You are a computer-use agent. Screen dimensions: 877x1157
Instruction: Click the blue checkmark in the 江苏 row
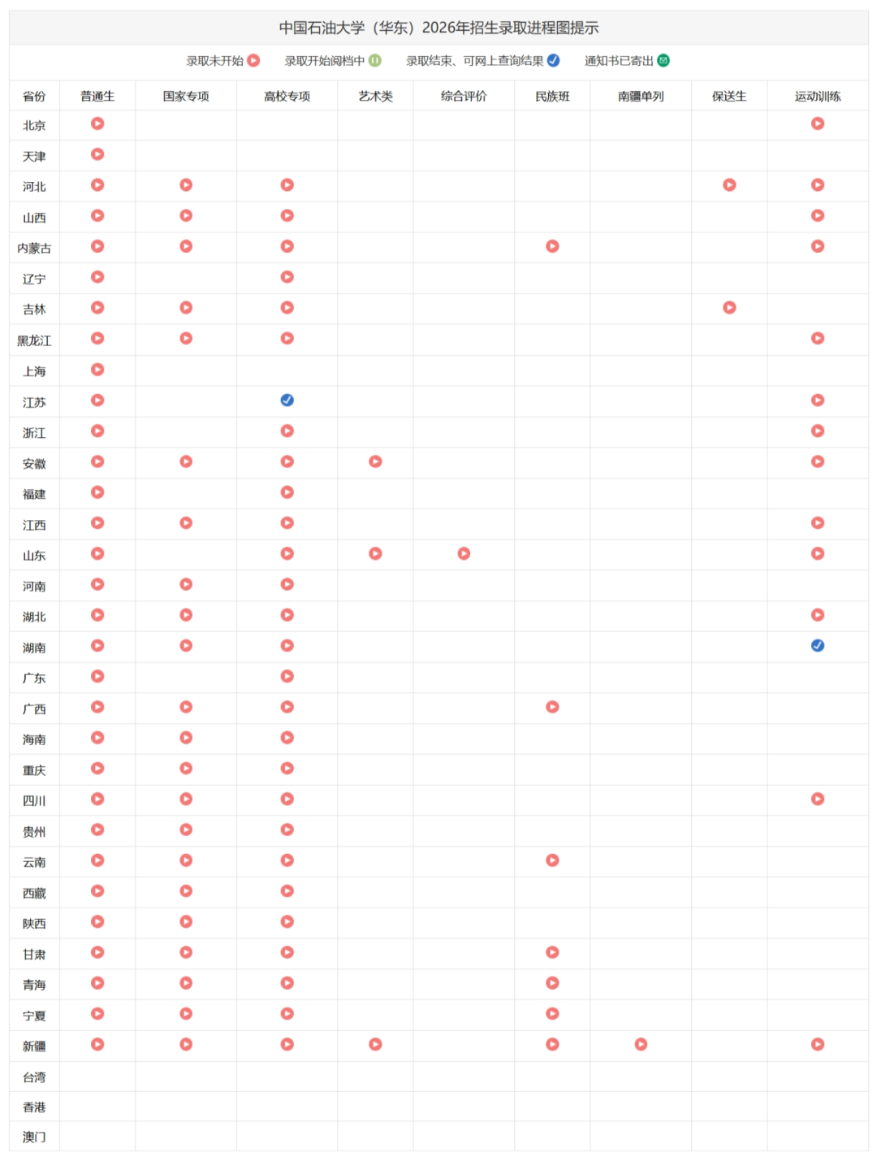click(287, 400)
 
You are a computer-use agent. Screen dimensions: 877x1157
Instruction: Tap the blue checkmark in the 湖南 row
click(818, 645)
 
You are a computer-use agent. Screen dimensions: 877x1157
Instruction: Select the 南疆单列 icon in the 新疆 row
click(641, 1044)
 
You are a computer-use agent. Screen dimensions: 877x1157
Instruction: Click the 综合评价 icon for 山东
click(464, 553)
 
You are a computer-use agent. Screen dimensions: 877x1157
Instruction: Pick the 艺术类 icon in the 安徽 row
click(375, 461)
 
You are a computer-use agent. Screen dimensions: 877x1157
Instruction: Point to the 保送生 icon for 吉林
click(729, 307)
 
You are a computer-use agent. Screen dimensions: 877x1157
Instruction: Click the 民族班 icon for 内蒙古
click(552, 246)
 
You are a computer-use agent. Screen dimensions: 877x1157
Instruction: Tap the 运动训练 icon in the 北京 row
click(818, 123)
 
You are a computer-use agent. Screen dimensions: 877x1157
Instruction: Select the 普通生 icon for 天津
click(97, 154)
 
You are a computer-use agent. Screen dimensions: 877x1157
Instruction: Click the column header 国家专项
click(186, 96)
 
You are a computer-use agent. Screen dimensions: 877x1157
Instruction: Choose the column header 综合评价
click(464, 96)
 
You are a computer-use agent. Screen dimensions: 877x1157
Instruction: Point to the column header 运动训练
click(818, 96)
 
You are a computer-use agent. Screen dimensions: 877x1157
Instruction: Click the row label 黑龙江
click(34, 340)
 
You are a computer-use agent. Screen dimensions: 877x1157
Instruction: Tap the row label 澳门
click(34, 1137)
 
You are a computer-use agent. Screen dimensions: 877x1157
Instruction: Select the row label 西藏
click(34, 893)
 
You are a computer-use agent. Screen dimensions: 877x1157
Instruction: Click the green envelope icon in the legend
click(663, 61)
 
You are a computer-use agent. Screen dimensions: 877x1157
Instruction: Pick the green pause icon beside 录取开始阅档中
click(374, 61)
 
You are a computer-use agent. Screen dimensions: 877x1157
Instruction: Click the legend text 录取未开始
click(215, 61)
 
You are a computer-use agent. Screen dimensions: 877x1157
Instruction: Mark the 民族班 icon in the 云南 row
click(552, 860)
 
